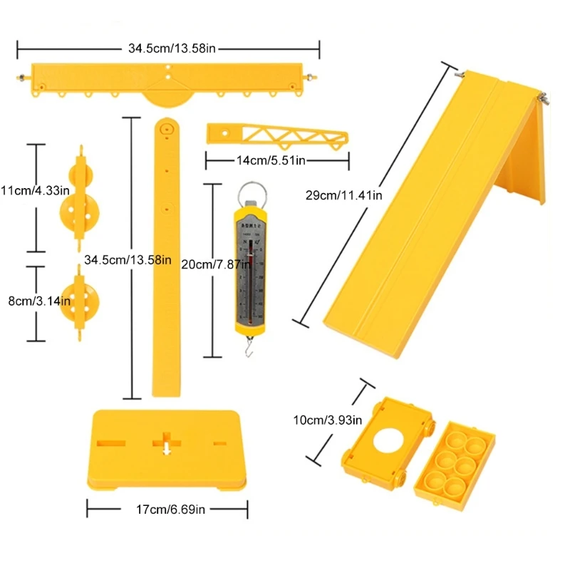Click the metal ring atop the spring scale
(249, 193)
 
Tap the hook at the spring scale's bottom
(250, 348)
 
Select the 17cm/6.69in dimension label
(167, 509)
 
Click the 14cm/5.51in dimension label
(271, 161)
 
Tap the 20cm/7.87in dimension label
(212, 264)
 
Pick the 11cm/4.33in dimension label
(36, 190)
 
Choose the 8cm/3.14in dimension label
(36, 301)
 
